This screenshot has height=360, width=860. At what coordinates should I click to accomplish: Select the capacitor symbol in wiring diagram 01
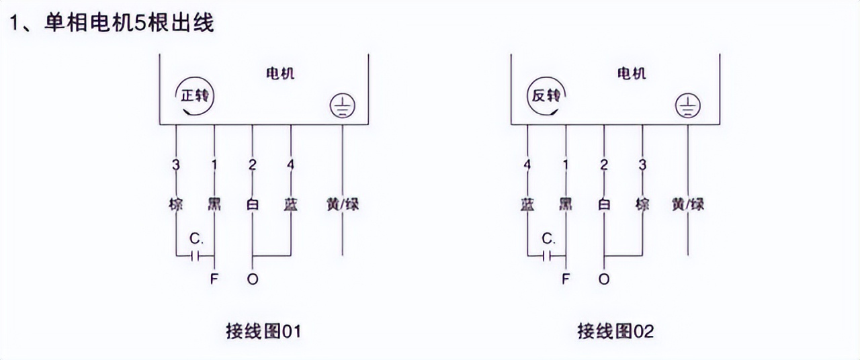(196, 255)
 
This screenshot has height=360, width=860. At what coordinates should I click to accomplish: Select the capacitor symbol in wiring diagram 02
(547, 255)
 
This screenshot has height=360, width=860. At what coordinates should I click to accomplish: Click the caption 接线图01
(263, 331)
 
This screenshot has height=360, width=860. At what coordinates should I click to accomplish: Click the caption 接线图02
(615, 331)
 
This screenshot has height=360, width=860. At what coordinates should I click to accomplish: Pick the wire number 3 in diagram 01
(176, 165)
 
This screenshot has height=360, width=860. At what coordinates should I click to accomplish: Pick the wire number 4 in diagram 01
(291, 165)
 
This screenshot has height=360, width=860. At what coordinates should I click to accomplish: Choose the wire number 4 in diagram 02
(527, 165)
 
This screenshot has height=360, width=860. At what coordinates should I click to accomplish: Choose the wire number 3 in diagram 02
(642, 165)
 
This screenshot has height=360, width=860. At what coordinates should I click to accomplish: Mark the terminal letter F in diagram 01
(214, 279)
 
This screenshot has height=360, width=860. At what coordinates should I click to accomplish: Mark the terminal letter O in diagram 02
(604, 279)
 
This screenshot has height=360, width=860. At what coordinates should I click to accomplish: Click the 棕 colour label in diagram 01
(176, 204)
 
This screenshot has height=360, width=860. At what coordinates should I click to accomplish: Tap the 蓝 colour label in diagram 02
(527, 204)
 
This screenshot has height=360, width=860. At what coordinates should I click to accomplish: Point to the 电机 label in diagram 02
(632, 73)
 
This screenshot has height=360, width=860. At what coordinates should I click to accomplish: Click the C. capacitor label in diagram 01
(196, 238)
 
